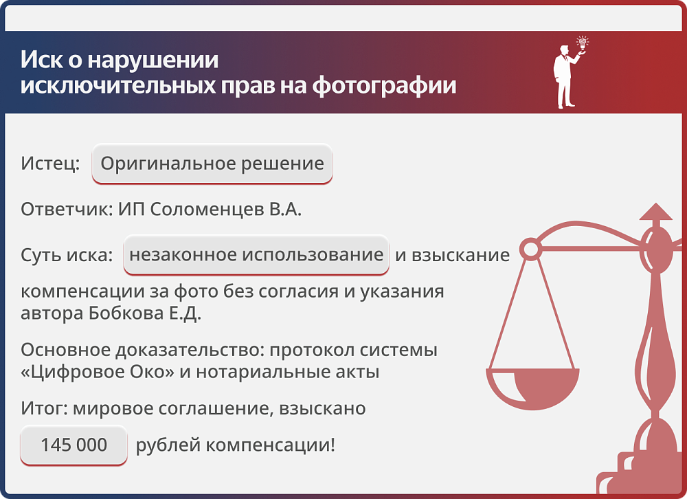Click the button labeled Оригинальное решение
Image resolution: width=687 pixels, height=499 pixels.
pos(212,164)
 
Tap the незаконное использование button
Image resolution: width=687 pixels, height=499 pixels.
pos(256,255)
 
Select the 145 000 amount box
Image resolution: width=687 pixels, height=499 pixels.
pos(74,445)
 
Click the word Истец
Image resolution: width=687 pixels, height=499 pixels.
pos(49,164)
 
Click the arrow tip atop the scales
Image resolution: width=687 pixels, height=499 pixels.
pos(655,210)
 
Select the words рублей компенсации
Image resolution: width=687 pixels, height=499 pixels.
pos(235,445)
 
